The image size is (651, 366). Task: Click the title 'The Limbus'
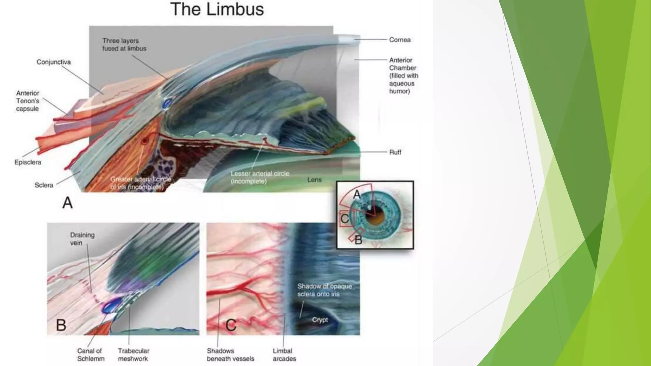[x=217, y=9]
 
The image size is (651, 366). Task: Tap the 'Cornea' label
[x=400, y=40]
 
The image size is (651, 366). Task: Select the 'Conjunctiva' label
[x=53, y=62]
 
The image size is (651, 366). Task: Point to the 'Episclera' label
[x=28, y=162]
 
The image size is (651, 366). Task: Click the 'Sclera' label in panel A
[x=44, y=185]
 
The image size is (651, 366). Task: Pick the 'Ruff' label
[x=395, y=152]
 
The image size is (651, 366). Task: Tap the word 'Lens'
[x=314, y=180]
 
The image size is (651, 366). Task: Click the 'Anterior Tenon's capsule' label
[x=28, y=101]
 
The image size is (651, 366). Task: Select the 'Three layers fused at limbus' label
[x=124, y=44]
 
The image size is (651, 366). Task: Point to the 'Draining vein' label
[x=82, y=239]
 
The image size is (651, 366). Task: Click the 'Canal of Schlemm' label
[x=91, y=355]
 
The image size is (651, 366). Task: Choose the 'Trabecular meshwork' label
[x=133, y=355]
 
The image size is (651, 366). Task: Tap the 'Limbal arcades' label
[x=284, y=355]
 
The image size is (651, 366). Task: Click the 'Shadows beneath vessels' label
[x=230, y=355]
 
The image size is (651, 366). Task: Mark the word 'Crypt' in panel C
[x=319, y=320]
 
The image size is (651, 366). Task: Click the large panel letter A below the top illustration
[x=67, y=203]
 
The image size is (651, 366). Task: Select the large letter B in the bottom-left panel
[x=61, y=325]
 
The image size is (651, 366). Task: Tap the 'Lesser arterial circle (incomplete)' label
[x=260, y=177]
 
